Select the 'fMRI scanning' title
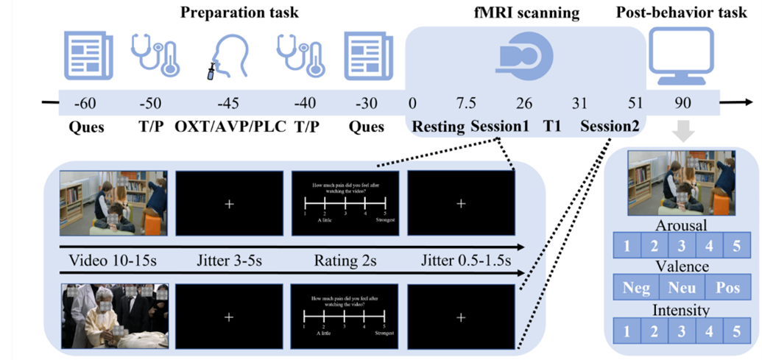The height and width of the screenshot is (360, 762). click(526, 13)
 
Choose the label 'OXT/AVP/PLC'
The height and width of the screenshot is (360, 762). click(230, 127)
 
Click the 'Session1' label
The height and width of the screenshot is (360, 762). click(500, 127)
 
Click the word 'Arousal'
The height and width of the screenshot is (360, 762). click(682, 225)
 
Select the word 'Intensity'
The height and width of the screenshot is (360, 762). click(682, 310)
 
